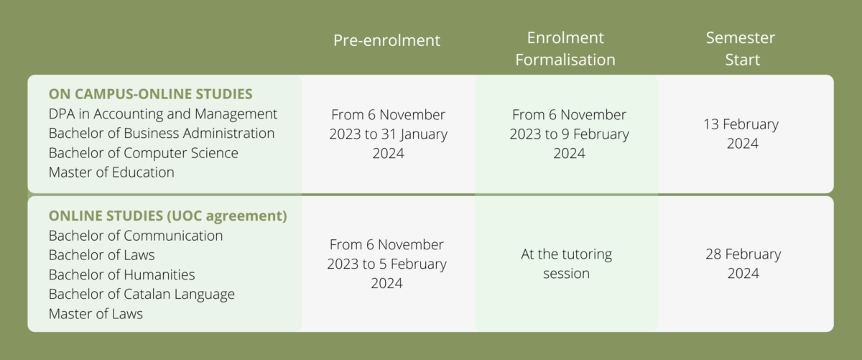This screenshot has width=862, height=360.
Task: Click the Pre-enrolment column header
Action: click(386, 40)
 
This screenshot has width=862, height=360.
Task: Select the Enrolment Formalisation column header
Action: click(565, 49)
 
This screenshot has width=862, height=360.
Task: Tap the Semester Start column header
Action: click(741, 49)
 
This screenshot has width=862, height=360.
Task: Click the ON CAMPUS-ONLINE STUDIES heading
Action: click(150, 94)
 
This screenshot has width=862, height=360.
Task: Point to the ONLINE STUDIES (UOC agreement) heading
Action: click(168, 216)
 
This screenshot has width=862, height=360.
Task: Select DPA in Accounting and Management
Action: click(163, 114)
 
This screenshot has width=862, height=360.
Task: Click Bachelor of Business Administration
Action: click(162, 133)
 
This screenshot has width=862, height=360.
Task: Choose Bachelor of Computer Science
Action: click(144, 153)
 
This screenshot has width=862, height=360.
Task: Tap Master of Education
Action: click(111, 172)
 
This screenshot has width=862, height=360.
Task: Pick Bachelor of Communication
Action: click(136, 236)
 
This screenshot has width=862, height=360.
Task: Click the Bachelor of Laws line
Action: click(101, 255)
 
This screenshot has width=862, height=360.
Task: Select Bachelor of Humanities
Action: click(121, 274)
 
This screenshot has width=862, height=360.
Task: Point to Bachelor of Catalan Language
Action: click(142, 295)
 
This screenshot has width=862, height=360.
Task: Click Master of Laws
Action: click(96, 314)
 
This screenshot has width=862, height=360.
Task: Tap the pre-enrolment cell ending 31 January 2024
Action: click(389, 134)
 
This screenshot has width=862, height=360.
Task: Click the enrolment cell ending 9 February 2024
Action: click(570, 134)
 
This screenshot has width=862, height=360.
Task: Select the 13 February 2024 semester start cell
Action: click(741, 134)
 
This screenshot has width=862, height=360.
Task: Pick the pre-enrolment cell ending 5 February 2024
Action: click(386, 264)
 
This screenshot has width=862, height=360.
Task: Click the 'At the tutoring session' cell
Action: click(567, 264)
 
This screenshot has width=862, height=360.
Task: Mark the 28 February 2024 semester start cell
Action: click(743, 264)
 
